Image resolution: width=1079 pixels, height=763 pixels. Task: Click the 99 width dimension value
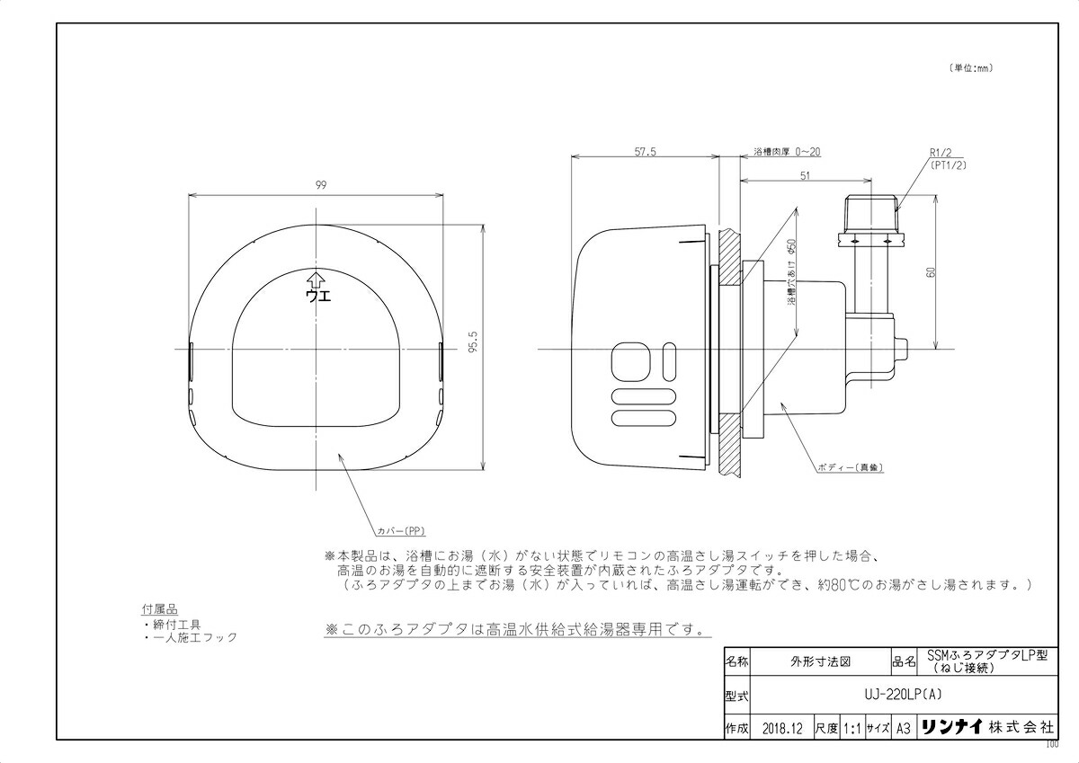click(320, 184)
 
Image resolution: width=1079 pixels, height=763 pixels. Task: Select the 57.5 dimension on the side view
click(645, 153)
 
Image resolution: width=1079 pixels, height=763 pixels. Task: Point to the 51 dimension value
click(804, 177)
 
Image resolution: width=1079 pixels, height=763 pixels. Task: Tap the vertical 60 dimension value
click(932, 271)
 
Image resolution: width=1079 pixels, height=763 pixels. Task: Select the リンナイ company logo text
click(952, 728)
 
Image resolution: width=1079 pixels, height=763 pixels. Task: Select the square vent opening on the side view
click(627, 363)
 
